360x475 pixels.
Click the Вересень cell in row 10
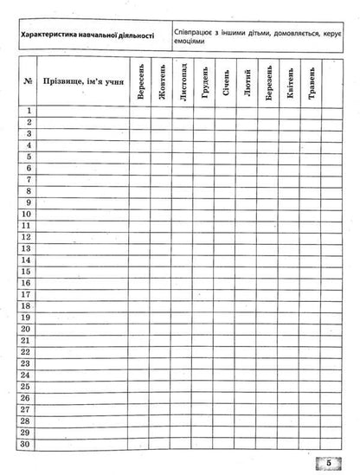pos(139,213)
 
